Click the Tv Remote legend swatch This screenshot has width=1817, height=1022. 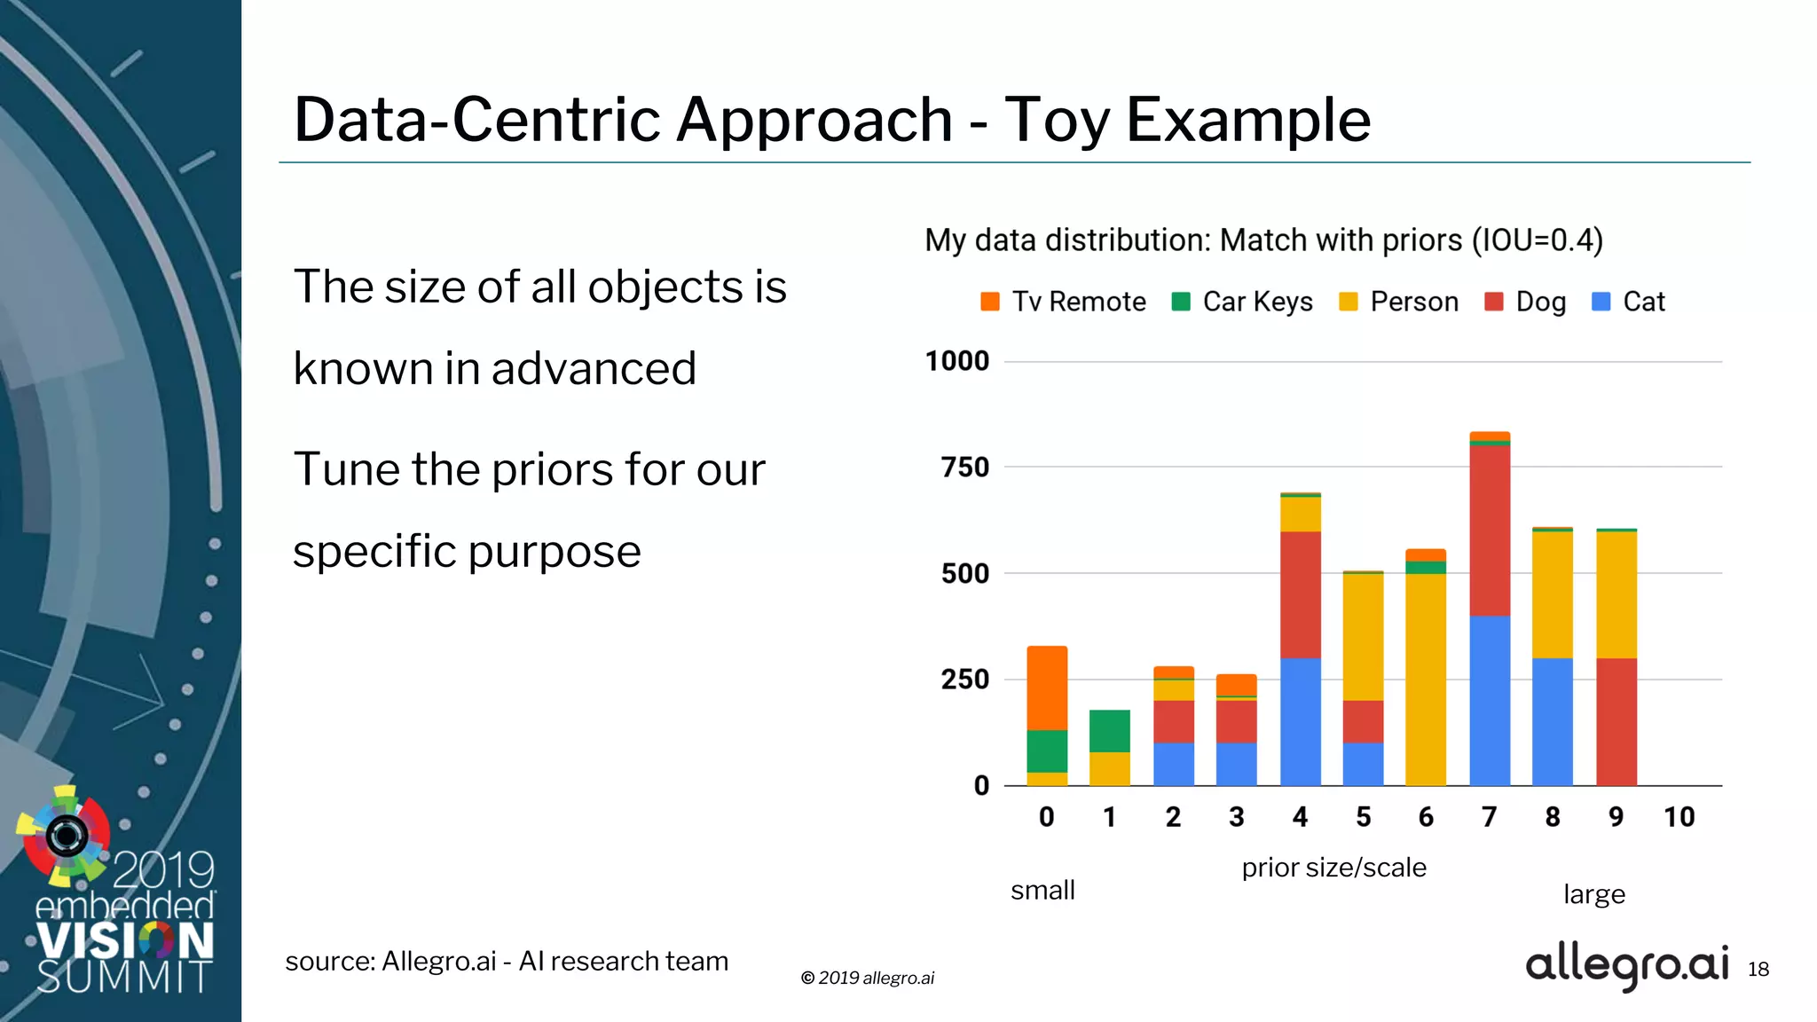pyautogui.click(x=990, y=302)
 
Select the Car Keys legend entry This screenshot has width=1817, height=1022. pyautogui.click(x=1242, y=302)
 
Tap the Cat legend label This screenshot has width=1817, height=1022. pyautogui.click(x=1643, y=302)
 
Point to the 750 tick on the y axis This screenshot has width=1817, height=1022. pyautogui.click(x=964, y=467)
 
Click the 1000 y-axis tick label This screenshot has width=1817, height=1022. pyautogui.click(x=956, y=361)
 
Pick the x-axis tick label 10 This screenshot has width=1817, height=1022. pyautogui.click(x=1679, y=817)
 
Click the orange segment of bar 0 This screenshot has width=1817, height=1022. pyautogui.click(x=1047, y=688)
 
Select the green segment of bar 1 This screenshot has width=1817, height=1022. pyautogui.click(x=1110, y=731)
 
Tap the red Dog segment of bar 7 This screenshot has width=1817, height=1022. pyautogui.click(x=1490, y=531)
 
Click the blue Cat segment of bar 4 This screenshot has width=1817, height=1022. pyautogui.click(x=1300, y=721)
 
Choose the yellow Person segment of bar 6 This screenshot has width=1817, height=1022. pyautogui.click(x=1426, y=679)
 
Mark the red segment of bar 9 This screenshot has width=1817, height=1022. pyautogui.click(x=1616, y=721)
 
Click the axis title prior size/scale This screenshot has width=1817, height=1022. pyautogui.click(x=1333, y=868)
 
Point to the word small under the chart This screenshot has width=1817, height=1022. pyautogui.click(x=1042, y=890)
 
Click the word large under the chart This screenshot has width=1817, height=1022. pyautogui.click(x=1593, y=894)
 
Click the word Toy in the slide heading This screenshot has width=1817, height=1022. pyautogui.click(x=1057, y=120)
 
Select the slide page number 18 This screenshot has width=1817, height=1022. pyautogui.click(x=1758, y=970)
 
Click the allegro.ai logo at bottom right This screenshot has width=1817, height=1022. pyautogui.click(x=1626, y=965)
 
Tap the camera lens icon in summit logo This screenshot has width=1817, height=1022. pyautogui.click(x=67, y=835)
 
